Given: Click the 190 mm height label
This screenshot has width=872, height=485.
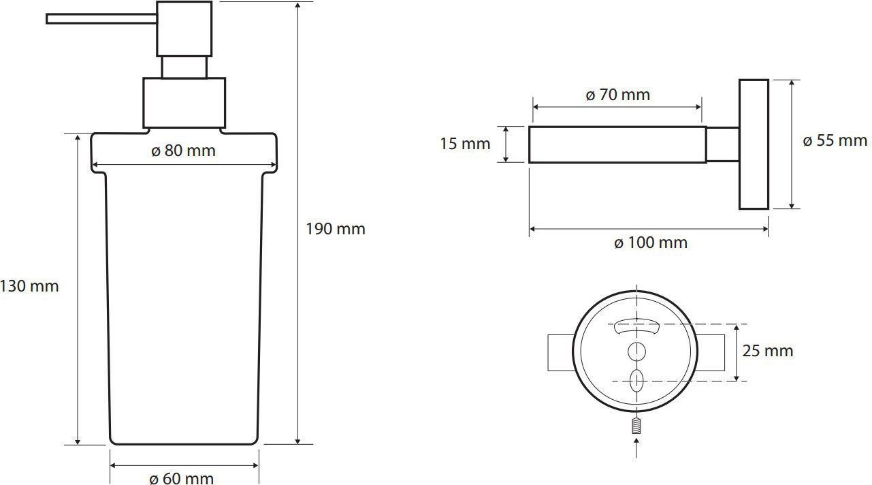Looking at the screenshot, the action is point(336,229).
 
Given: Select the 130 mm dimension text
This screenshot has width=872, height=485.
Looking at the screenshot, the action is point(29,286).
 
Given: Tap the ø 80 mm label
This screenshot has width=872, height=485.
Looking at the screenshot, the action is point(183,151).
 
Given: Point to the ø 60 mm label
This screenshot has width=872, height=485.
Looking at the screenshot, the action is point(181,478).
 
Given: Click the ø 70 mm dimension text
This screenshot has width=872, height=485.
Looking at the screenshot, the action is point(618,95).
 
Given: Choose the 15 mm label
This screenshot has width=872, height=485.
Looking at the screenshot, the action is point(465,144).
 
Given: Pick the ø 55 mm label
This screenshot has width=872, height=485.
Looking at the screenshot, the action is point(835,140).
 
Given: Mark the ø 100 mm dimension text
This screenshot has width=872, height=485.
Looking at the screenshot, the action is point(651,242).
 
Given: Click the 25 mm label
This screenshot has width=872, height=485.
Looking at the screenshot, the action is point(768,351).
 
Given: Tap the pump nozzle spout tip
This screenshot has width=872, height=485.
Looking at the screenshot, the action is point(47,18).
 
